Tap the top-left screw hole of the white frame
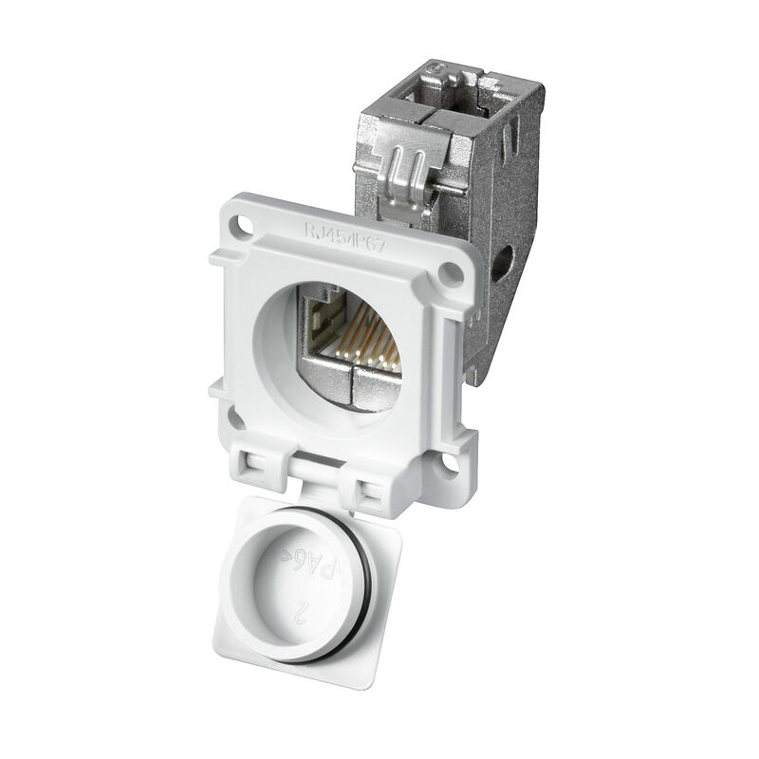coord(248,227)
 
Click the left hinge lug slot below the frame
coord(256,464)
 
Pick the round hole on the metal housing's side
coord(502,258)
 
